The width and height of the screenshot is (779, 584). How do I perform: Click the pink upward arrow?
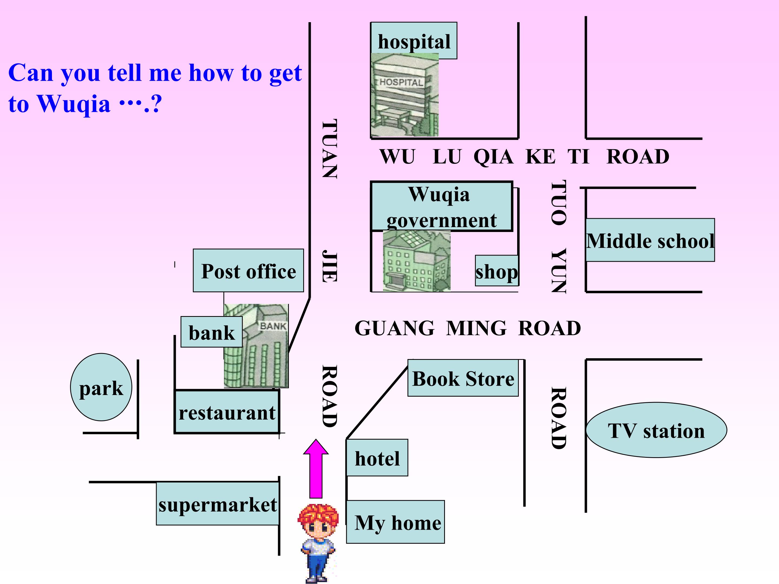pyautogui.click(x=316, y=469)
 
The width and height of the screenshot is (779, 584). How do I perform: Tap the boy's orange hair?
pyautogui.click(x=318, y=515)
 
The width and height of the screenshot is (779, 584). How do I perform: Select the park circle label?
pyautogui.click(x=101, y=387)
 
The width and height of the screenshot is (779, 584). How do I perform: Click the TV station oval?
pyautogui.click(x=656, y=430)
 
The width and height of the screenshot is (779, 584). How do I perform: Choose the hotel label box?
pyautogui.click(x=377, y=458)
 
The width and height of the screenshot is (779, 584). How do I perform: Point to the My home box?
pyautogui.click(x=395, y=522)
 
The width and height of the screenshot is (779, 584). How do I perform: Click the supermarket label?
pyautogui.click(x=218, y=504)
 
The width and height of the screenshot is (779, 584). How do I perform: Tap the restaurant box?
pyautogui.click(x=227, y=412)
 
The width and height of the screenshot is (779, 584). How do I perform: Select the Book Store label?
pyautogui.click(x=463, y=378)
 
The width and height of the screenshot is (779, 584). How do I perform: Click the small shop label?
pyautogui.click(x=497, y=271)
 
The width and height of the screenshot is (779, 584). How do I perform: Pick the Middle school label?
pyautogui.click(x=650, y=240)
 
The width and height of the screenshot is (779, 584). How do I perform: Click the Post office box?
pyautogui.click(x=248, y=271)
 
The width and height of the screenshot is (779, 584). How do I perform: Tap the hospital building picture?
pyautogui.click(x=405, y=95)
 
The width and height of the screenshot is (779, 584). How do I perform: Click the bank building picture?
pyautogui.click(x=256, y=346)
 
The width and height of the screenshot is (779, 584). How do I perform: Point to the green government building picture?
pyautogui.click(x=417, y=261)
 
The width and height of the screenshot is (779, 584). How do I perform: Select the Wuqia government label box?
pyautogui.click(x=442, y=206)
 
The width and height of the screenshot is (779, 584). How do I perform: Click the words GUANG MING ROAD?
pyautogui.click(x=467, y=328)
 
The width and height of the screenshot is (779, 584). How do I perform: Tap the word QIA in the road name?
pyautogui.click(x=493, y=157)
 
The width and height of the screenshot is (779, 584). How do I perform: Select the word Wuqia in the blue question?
pyautogui.click(x=74, y=104)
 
